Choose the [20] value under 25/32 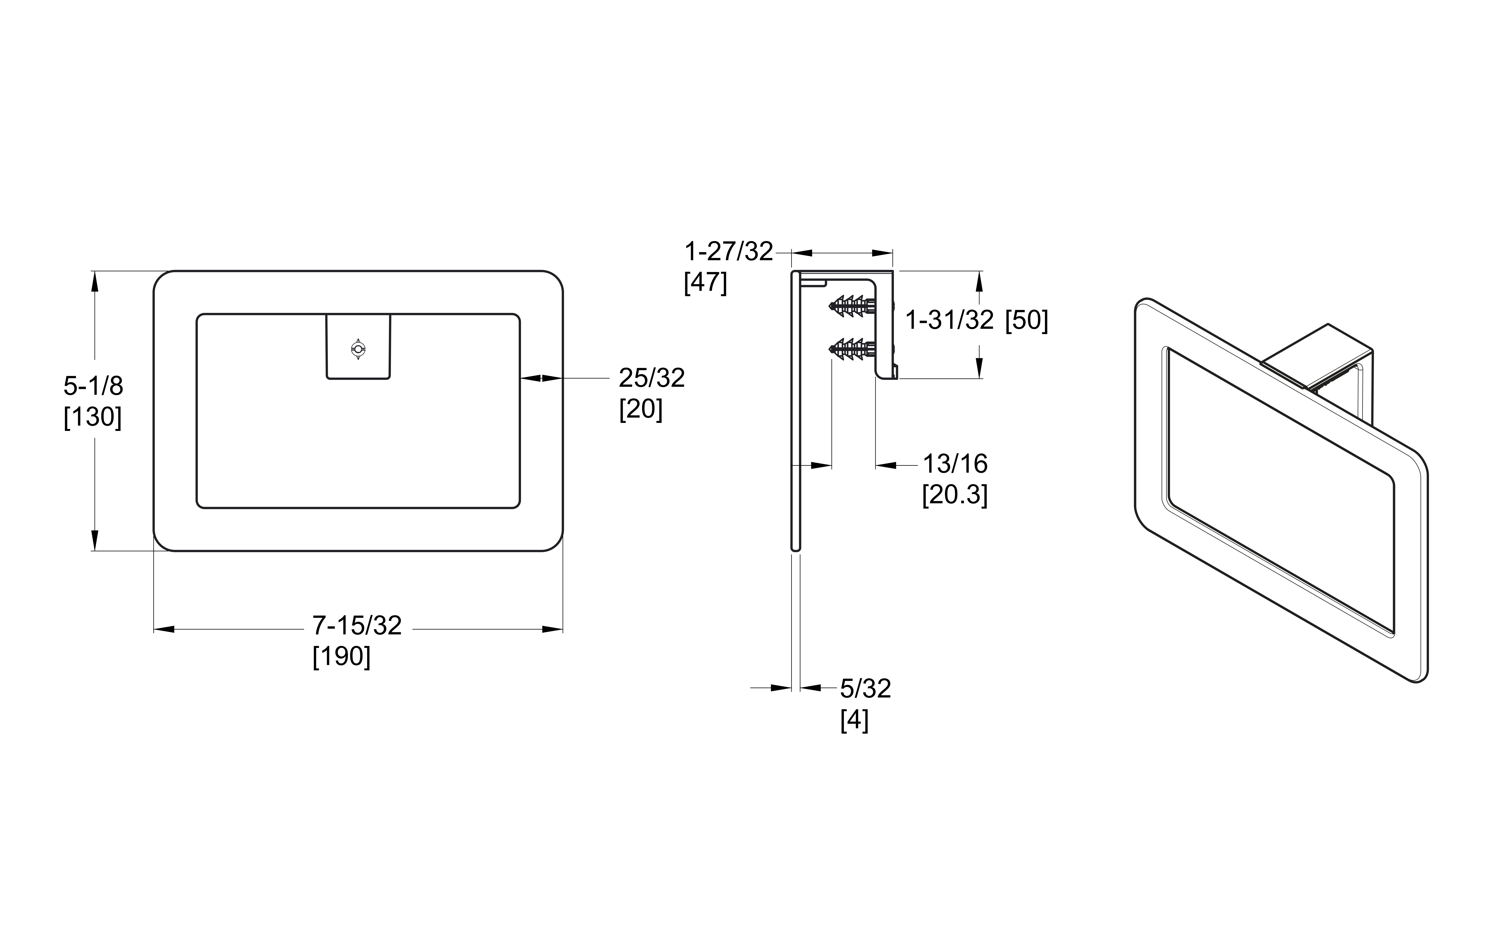pyautogui.click(x=641, y=409)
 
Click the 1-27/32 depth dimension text pyautogui.click(x=729, y=252)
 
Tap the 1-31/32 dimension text pyautogui.click(x=950, y=320)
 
